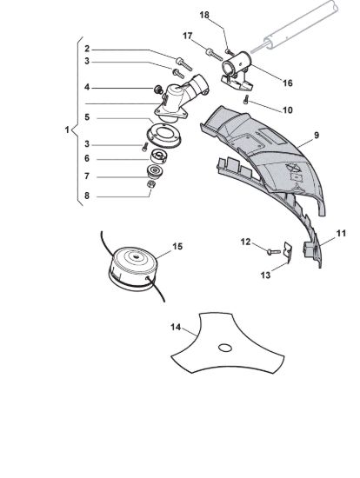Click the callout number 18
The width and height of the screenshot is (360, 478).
click(x=204, y=15)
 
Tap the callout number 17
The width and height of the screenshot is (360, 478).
click(x=187, y=36)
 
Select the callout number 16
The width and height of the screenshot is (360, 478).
click(x=287, y=83)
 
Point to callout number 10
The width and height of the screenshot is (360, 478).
click(x=287, y=110)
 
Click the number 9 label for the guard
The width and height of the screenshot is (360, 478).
click(x=317, y=135)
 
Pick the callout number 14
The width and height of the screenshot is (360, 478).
click(x=176, y=327)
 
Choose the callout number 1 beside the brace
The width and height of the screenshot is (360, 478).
click(x=67, y=129)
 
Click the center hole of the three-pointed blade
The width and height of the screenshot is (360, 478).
click(x=225, y=348)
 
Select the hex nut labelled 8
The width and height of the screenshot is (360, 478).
click(x=151, y=184)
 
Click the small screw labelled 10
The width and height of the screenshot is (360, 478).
click(x=246, y=100)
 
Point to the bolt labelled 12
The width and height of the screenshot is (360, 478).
click(x=273, y=252)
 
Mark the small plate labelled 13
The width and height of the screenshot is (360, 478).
click(x=287, y=252)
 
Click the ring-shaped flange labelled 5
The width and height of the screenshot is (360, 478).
click(x=164, y=137)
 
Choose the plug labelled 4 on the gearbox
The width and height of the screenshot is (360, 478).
click(x=157, y=90)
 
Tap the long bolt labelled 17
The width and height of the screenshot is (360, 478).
click(x=214, y=55)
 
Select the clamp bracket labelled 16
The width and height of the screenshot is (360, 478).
click(x=237, y=71)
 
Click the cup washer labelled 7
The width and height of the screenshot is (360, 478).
click(x=156, y=172)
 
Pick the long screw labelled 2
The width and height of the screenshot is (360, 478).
click(x=184, y=63)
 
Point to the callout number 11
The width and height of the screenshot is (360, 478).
click(x=341, y=234)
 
